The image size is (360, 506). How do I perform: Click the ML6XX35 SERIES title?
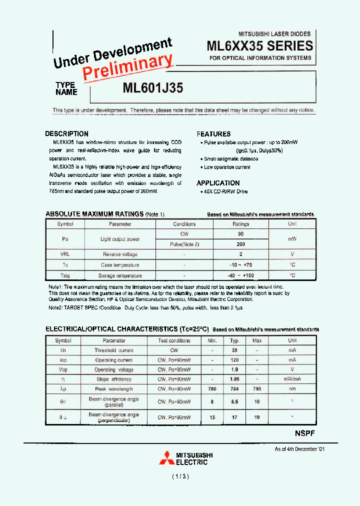(x=259, y=46)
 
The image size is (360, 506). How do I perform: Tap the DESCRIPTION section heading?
(x=66, y=134)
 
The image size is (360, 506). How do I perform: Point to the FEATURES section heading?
(x=213, y=134)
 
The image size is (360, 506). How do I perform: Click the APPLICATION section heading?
(x=218, y=183)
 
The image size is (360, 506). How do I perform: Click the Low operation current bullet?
(x=227, y=167)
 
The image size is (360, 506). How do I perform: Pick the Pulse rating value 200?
(x=240, y=244)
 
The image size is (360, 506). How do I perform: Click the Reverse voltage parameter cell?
(x=120, y=254)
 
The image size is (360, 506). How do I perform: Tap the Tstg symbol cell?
(x=65, y=275)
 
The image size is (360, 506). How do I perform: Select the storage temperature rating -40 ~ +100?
(x=240, y=275)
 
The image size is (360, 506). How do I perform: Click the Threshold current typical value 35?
(x=234, y=350)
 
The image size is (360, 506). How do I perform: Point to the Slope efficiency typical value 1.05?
(x=234, y=379)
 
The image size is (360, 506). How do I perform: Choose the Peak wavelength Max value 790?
(x=257, y=389)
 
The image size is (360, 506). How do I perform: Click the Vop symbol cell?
(x=63, y=370)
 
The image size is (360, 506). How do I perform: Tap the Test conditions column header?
(x=174, y=340)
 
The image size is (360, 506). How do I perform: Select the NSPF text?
(x=301, y=433)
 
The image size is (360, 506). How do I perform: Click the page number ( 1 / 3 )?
(x=179, y=477)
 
